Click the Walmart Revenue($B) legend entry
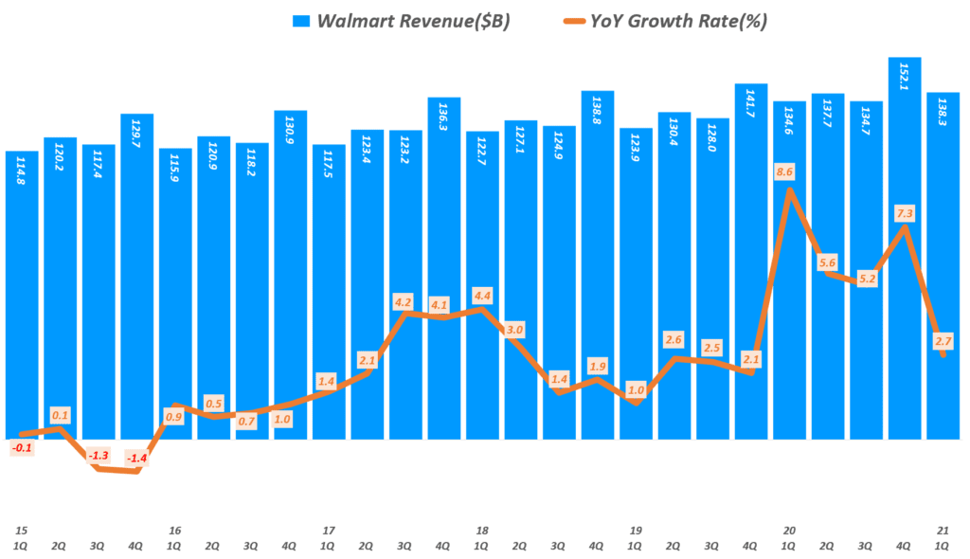(404, 22)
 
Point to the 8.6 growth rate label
(784, 172)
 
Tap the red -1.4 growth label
(136, 459)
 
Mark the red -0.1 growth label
(22, 446)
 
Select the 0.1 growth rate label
(60, 415)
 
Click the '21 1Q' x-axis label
(943, 537)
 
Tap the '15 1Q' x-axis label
(21, 537)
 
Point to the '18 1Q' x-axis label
(481, 537)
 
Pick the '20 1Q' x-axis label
(788, 537)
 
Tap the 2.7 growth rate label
(943, 340)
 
